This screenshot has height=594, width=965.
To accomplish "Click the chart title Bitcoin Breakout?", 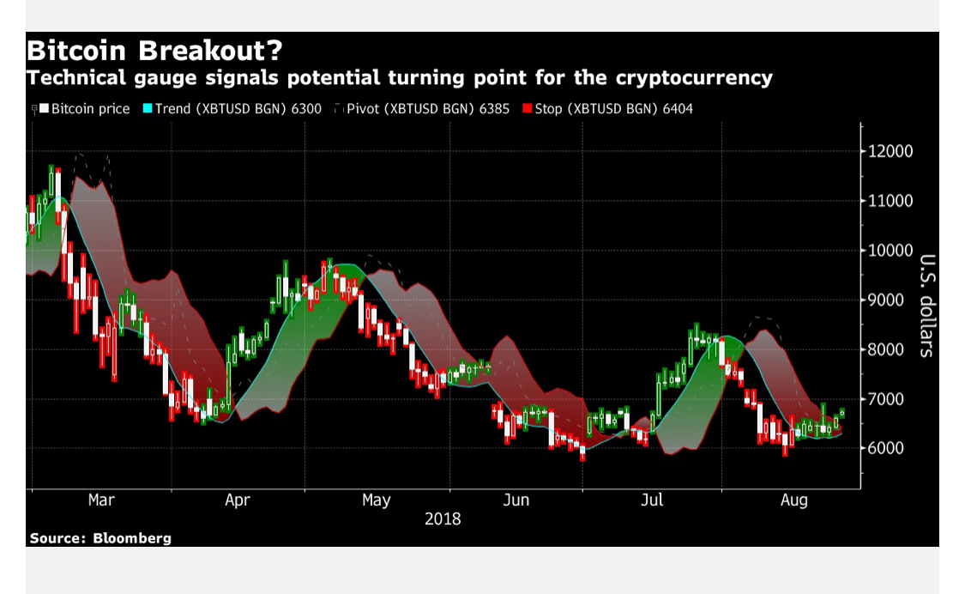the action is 154,51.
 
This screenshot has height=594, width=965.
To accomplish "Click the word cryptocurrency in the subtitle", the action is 694,78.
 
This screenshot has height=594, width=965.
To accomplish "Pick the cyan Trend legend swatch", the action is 147,108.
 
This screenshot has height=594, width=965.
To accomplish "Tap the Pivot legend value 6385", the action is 494,109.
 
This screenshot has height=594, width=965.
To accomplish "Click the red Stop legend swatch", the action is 527,108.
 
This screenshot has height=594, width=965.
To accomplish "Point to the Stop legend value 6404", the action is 678,109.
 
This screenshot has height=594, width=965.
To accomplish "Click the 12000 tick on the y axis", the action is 890,151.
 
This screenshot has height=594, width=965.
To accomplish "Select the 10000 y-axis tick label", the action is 890,250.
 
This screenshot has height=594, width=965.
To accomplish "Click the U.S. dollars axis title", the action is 927,306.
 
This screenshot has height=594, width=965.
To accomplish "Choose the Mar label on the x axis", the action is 101,500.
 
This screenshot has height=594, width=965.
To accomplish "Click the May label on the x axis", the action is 376,500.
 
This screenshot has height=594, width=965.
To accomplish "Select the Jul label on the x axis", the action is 652,500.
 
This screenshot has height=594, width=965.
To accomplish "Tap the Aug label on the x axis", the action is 794,500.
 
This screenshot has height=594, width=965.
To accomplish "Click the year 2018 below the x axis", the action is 443,519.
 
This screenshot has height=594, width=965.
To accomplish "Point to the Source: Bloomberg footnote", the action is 100,538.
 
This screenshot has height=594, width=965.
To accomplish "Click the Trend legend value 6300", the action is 306,109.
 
